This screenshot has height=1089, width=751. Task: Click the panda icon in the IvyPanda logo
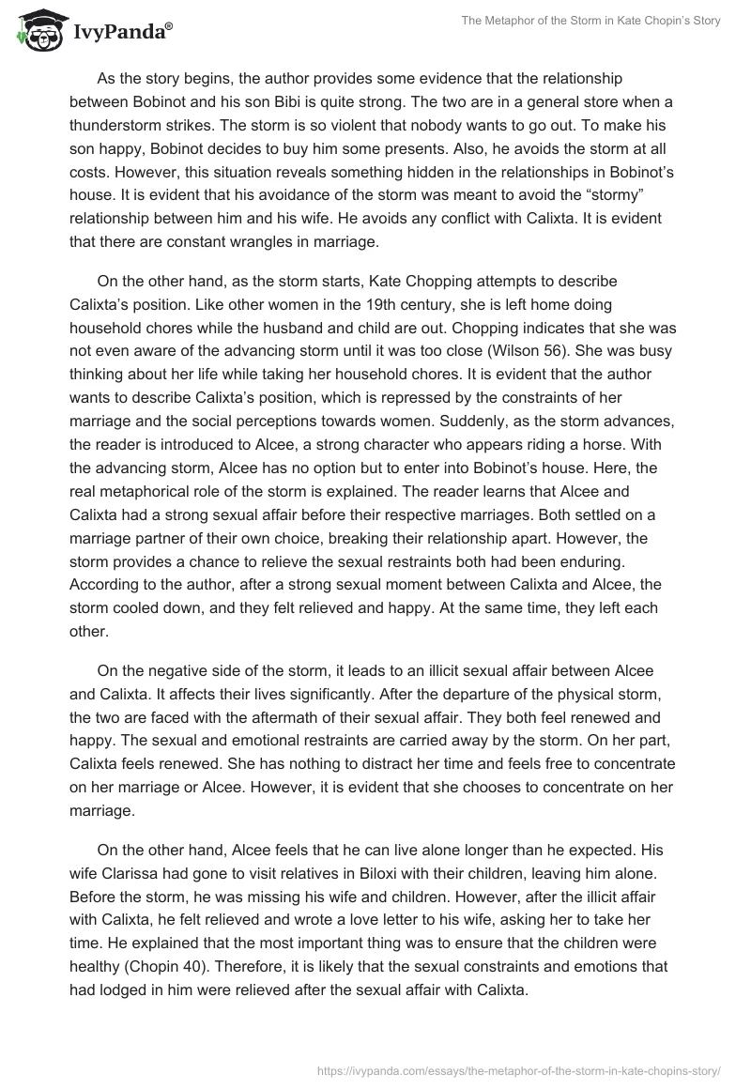coord(37,31)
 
